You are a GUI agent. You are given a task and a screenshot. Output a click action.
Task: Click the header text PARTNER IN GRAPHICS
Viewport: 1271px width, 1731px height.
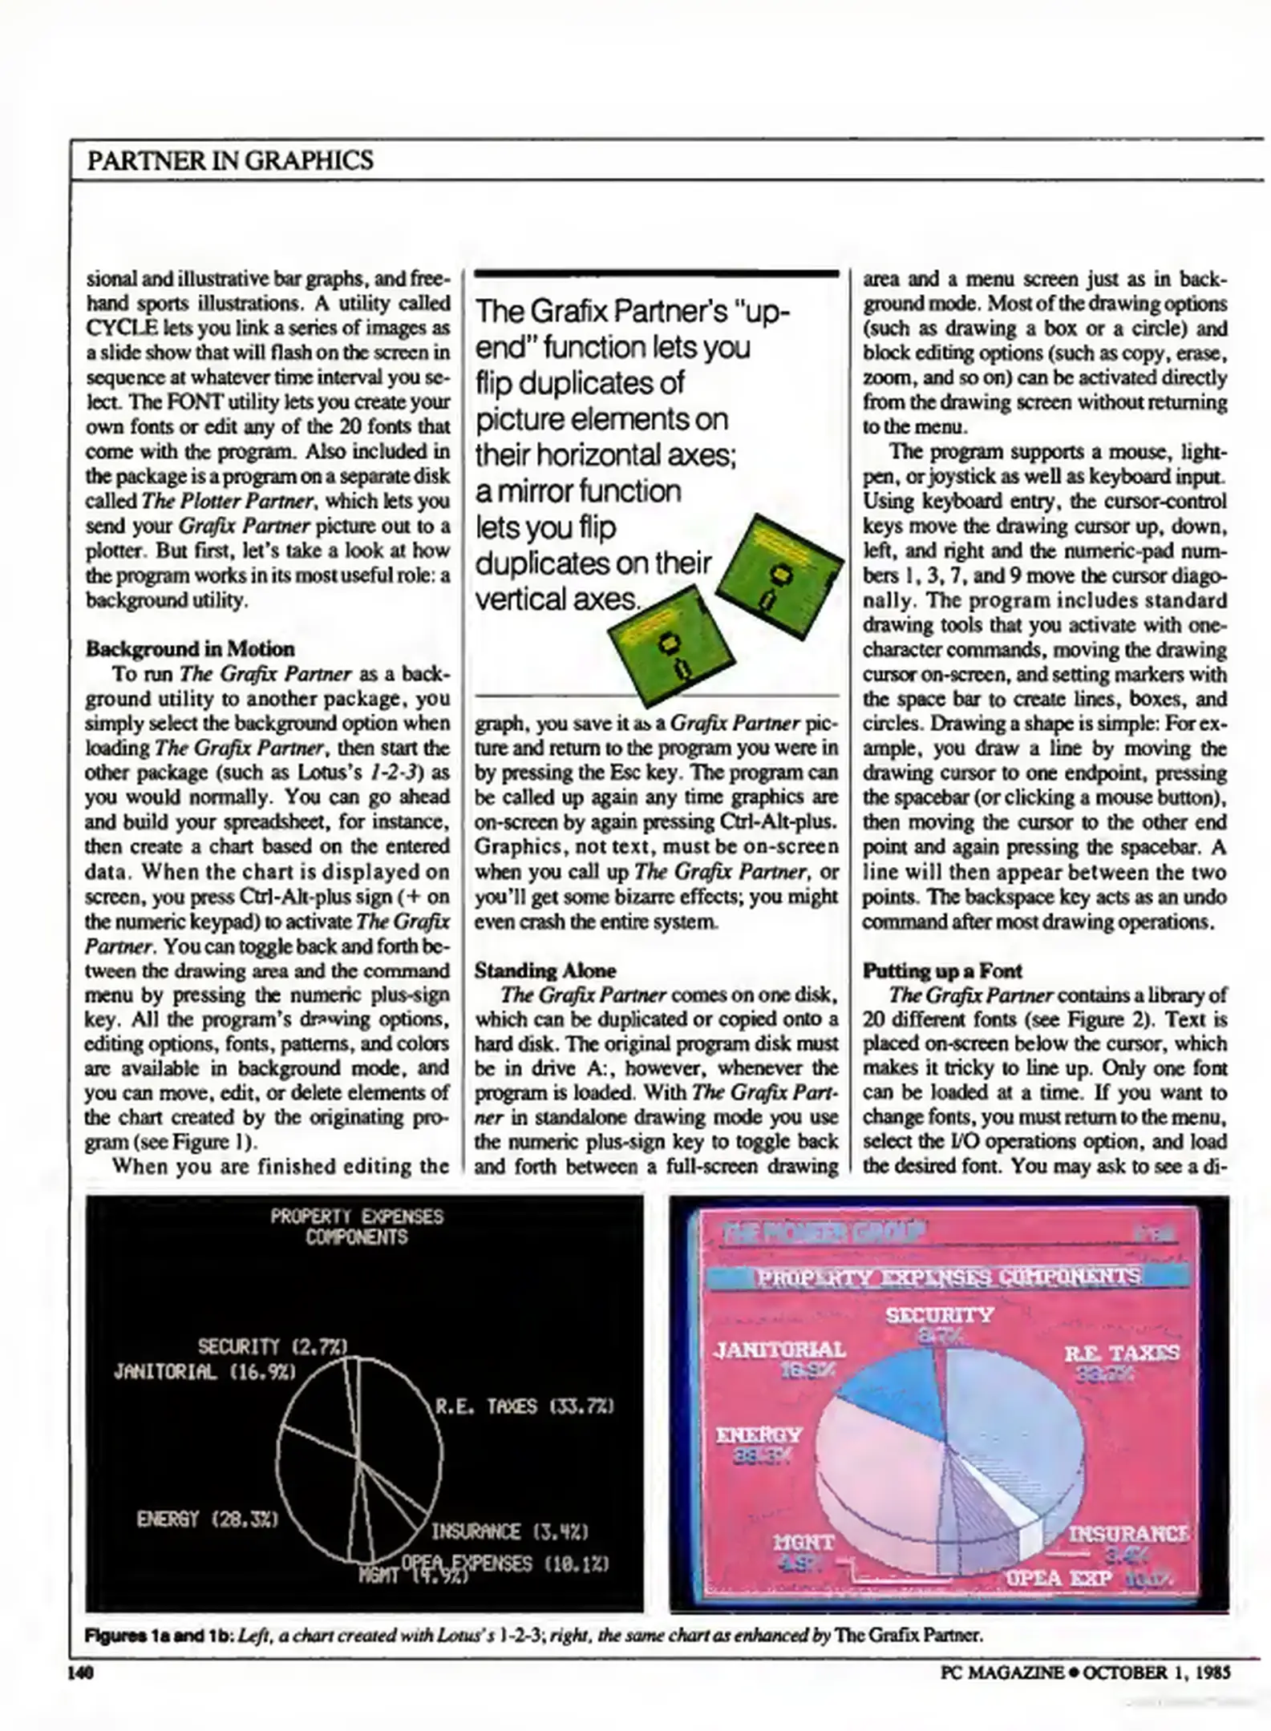(x=229, y=160)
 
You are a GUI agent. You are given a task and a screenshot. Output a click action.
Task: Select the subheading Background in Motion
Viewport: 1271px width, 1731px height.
(x=190, y=648)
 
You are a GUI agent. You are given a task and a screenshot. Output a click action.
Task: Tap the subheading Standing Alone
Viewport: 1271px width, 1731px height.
(x=545, y=970)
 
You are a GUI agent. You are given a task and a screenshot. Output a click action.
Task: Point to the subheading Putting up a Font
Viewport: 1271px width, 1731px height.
(x=941, y=970)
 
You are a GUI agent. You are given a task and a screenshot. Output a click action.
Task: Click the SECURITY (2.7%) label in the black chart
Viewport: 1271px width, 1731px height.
(x=273, y=1346)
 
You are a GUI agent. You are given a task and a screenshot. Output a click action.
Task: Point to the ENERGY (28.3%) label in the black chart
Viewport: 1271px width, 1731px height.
(x=208, y=1519)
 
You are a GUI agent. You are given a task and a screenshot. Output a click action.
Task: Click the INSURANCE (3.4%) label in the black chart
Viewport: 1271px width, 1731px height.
(x=511, y=1532)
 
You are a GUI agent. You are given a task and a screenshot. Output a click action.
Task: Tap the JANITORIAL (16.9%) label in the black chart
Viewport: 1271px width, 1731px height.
(x=205, y=1371)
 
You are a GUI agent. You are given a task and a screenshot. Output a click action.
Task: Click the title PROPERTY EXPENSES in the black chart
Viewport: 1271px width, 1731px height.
(x=357, y=1217)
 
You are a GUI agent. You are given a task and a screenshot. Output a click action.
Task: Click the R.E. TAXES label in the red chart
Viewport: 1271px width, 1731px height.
(x=1121, y=1354)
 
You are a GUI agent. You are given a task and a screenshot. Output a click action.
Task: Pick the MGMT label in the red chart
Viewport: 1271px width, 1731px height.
(x=803, y=1543)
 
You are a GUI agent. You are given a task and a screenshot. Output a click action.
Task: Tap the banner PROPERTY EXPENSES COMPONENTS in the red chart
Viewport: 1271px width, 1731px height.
(x=949, y=1277)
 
